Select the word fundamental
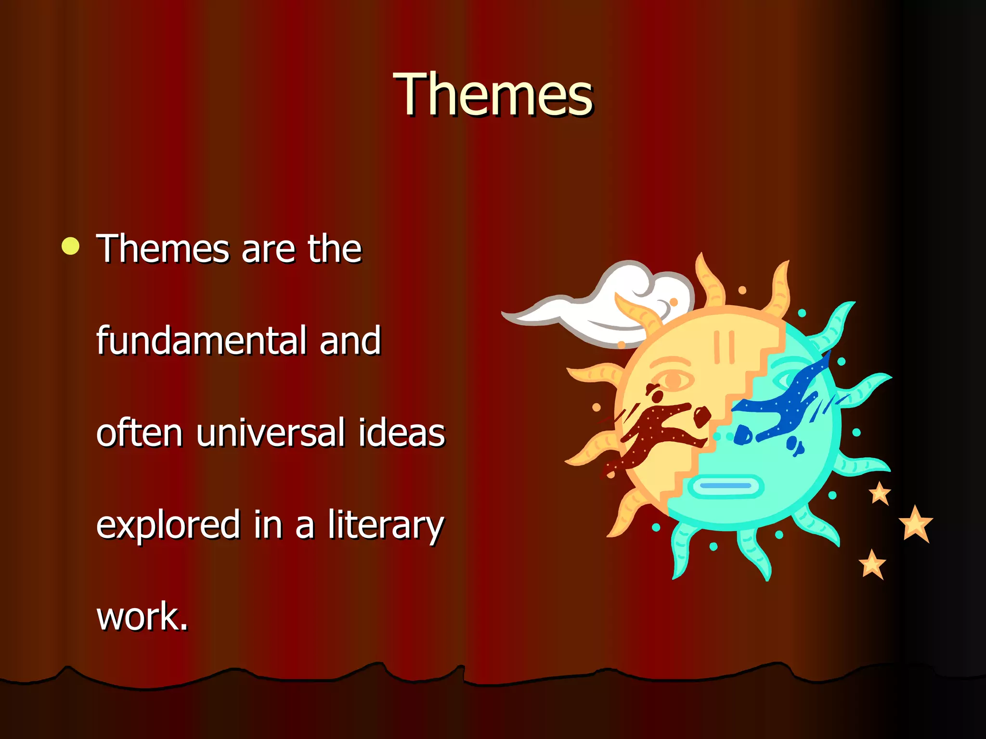[201, 341]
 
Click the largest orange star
[915, 524]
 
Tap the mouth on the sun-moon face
[726, 486]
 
